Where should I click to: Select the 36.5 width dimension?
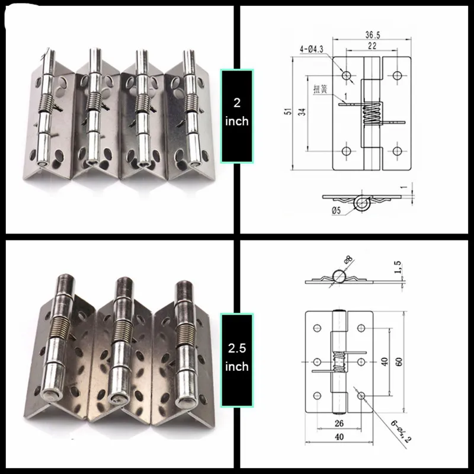371,35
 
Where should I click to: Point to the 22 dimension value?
373,46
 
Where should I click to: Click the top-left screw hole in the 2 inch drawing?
346,75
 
